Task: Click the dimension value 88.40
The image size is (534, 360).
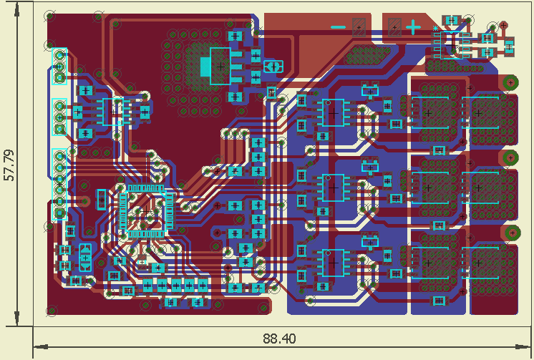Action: pyautogui.click(x=279, y=339)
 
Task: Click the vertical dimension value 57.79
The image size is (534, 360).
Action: pyautogui.click(x=9, y=165)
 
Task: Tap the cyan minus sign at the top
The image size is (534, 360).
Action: pyautogui.click(x=338, y=27)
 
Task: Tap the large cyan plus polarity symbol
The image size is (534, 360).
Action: pyautogui.click(x=413, y=27)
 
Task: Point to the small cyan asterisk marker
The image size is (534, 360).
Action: pyautogui.click(x=436, y=28)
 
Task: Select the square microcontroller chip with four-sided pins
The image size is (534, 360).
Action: pyautogui.click(x=146, y=211)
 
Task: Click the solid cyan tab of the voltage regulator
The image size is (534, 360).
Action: pyautogui.click(x=205, y=67)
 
